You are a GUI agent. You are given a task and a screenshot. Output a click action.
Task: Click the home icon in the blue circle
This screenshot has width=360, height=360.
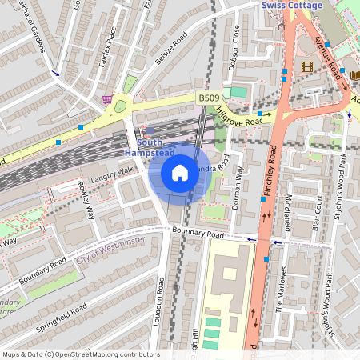point(180,173)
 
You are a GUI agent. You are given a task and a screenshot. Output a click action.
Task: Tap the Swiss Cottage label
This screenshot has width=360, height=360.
point(292,6)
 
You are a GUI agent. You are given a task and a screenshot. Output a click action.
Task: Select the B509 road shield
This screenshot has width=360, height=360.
point(209,98)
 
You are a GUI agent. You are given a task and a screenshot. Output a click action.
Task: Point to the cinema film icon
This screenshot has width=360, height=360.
point(307,66)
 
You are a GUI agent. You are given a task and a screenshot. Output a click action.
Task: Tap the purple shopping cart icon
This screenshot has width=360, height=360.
point(107,99)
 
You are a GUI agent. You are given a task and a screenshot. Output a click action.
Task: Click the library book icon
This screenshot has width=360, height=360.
point(356,74)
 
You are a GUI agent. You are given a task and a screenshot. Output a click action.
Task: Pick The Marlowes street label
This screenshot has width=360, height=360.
point(280,293)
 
